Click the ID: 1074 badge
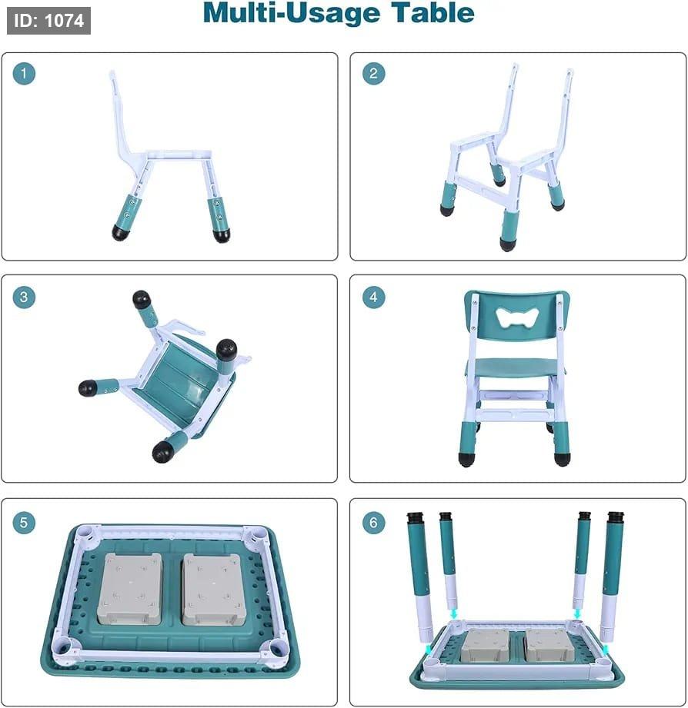48,20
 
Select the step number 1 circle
24,73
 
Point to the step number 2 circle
373,73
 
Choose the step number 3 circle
24,297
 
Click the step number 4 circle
373,297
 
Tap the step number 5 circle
24,523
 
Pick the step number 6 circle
373,523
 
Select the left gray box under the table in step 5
130,589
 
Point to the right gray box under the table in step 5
214,590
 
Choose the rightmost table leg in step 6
612,577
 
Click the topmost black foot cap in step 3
142,299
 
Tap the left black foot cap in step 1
120,232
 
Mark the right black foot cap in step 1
222,235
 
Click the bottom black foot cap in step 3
162,451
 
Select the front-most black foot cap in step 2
506,244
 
